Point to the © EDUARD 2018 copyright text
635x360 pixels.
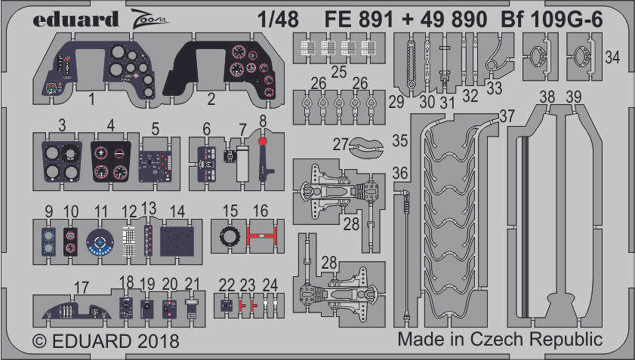click(x=106, y=341)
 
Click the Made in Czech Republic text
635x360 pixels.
click(x=499, y=340)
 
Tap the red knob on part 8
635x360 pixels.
click(x=262, y=141)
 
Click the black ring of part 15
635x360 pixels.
click(x=227, y=238)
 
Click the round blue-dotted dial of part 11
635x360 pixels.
click(x=99, y=241)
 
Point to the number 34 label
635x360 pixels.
click(x=613, y=56)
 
